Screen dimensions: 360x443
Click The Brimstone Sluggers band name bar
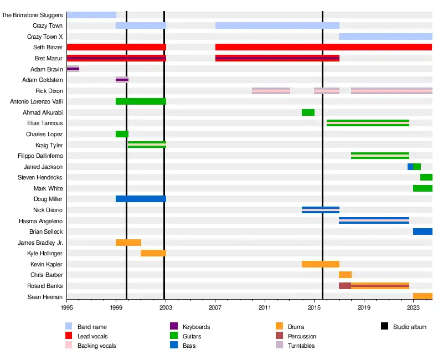(x=91, y=15)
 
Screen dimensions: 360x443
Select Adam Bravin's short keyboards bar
(x=73, y=69)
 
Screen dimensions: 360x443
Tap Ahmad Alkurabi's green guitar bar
(x=308, y=112)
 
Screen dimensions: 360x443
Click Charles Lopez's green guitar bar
(x=122, y=134)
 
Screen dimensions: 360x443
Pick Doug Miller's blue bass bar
(x=141, y=199)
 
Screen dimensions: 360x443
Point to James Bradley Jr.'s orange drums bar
(x=128, y=243)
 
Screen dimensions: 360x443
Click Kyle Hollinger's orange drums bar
(x=153, y=253)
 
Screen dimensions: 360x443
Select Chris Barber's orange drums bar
(x=345, y=275)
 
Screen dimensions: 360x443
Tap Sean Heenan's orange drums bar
(x=423, y=296)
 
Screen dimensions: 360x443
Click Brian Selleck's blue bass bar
(x=423, y=232)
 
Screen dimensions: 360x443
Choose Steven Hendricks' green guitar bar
(x=426, y=177)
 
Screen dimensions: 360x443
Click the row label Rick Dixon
(x=49, y=91)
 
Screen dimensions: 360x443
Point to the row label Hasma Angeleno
(x=45, y=221)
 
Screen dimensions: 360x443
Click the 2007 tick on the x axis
(x=215, y=306)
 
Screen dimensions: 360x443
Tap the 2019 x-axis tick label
(x=364, y=306)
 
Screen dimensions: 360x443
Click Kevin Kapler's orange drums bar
(x=320, y=264)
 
